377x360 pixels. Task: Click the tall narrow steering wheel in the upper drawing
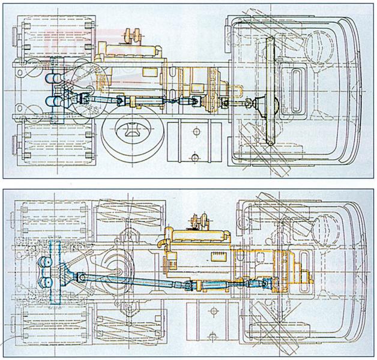pos(271,90)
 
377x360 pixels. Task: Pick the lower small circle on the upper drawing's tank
pos(195,157)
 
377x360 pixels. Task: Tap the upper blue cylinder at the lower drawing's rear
pos(45,263)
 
